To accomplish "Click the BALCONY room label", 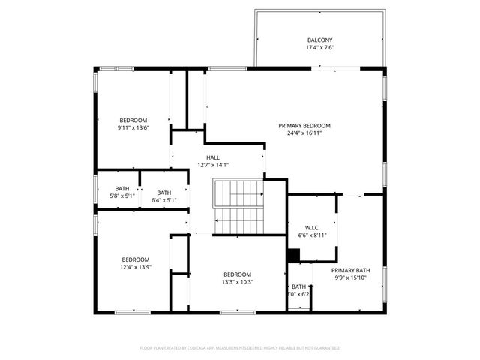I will (319, 40).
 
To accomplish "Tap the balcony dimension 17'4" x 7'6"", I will (319, 47).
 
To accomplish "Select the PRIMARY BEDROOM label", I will (304, 126).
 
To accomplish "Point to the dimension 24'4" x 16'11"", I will (304, 133).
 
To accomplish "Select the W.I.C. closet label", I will (313, 227).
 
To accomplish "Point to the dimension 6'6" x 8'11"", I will (313, 235).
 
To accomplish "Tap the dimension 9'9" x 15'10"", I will (351, 277).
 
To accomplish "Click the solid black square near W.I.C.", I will (294, 256).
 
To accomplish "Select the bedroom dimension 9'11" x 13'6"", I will (133, 127).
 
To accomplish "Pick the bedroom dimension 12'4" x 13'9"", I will (136, 267).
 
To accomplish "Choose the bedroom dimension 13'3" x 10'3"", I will (237, 282).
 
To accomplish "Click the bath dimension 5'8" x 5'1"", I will (121, 196).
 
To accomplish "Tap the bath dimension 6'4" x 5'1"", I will (163, 200).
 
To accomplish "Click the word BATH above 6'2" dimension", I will (298, 286).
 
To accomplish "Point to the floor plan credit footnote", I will (240, 348).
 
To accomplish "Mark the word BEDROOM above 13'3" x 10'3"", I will (237, 274).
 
